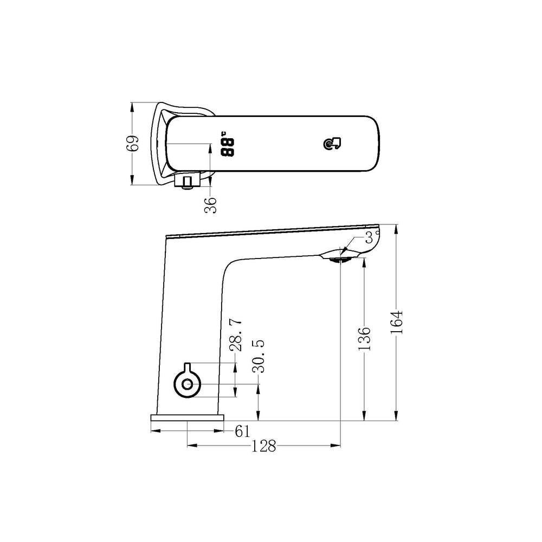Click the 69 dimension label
pyautogui.click(x=132, y=143)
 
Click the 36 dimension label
pyautogui.click(x=210, y=205)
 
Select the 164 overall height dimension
pyautogui.click(x=397, y=322)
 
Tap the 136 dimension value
pyautogui.click(x=364, y=338)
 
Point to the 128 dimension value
pyautogui.click(x=263, y=446)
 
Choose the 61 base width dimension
pyautogui.click(x=242, y=431)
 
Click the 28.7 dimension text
pyautogui.click(x=236, y=335)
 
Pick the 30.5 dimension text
pyautogui.click(x=258, y=357)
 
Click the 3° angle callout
pyautogui.click(x=371, y=237)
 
